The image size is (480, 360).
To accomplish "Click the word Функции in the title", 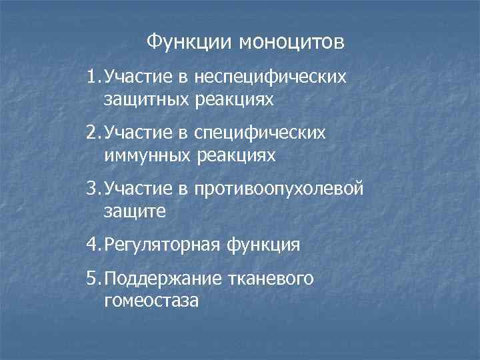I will [189, 42].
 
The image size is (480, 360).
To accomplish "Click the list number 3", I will [92, 190].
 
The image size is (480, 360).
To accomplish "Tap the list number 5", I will [92, 279].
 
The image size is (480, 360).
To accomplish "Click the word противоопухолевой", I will [279, 190].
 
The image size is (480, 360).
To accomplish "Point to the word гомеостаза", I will [151, 301].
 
